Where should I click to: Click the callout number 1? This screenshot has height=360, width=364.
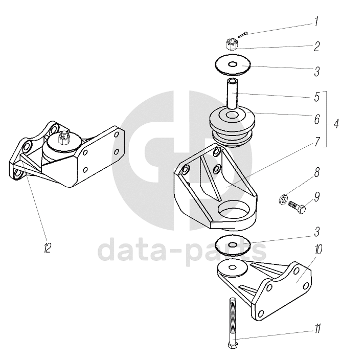[x=316, y=22]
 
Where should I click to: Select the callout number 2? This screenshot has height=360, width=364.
[x=316, y=47]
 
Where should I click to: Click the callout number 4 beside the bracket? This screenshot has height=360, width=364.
[x=335, y=123]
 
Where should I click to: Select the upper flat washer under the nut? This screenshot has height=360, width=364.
[x=233, y=65]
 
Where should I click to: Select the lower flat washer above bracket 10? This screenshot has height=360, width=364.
[x=233, y=245]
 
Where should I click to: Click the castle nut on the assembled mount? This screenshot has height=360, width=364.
[x=64, y=137]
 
